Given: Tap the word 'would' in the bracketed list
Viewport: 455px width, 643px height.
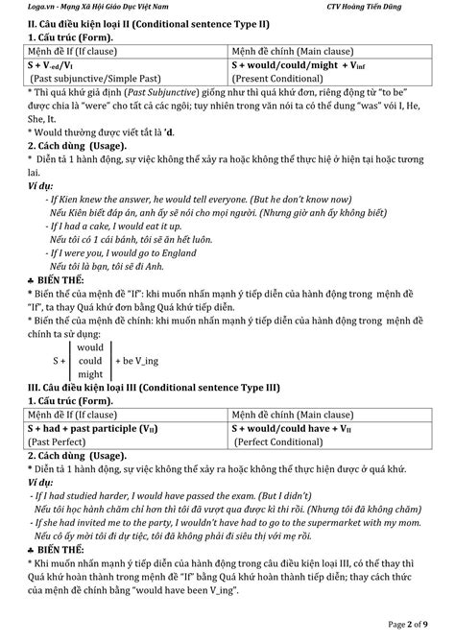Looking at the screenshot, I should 90,345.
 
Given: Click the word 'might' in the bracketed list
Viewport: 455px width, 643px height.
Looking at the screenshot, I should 90,373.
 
